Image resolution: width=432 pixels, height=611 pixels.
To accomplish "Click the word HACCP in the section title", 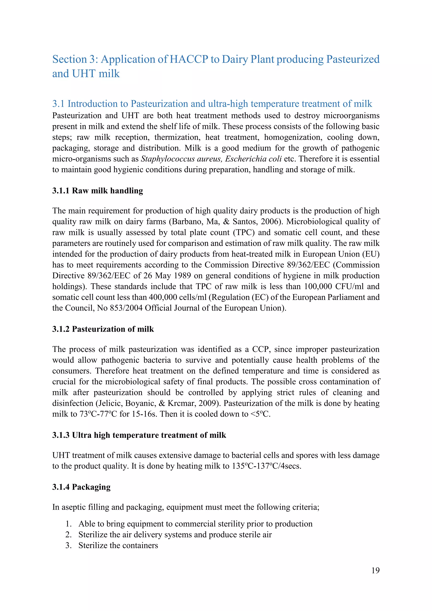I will point(189,59).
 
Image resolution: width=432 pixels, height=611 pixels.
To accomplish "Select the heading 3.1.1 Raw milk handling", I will point(97,191).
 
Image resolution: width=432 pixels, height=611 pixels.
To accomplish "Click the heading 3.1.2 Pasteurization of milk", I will point(103,329).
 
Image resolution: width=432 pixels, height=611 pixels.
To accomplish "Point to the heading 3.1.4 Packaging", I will point(81,487).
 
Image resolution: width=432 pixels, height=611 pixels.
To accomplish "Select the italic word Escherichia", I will point(246,159).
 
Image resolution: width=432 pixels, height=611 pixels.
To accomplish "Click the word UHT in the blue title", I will point(84,74).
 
